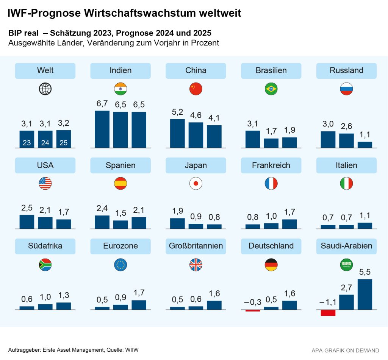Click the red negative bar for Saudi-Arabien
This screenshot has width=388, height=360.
tap(328, 313)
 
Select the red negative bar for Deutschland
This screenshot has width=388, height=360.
tap(253, 310)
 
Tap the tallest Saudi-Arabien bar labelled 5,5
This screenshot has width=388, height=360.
tap(365, 294)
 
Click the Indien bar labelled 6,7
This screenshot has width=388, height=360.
tap(102, 129)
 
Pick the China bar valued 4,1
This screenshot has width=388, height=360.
tap(214, 136)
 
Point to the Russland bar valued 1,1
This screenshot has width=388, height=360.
tap(365, 145)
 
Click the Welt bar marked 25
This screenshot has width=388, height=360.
tap(64, 139)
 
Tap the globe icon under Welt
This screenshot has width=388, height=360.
tap(45, 89)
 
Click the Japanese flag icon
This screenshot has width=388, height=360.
tap(196, 184)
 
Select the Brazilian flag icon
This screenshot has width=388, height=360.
tap(271, 89)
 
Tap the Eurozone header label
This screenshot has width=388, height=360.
tap(120, 246)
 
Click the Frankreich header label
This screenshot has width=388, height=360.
tap(271, 165)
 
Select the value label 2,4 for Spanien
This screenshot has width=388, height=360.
tap(102, 208)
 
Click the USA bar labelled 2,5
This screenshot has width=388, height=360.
tap(27, 222)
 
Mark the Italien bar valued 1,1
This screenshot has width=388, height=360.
tap(365, 226)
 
